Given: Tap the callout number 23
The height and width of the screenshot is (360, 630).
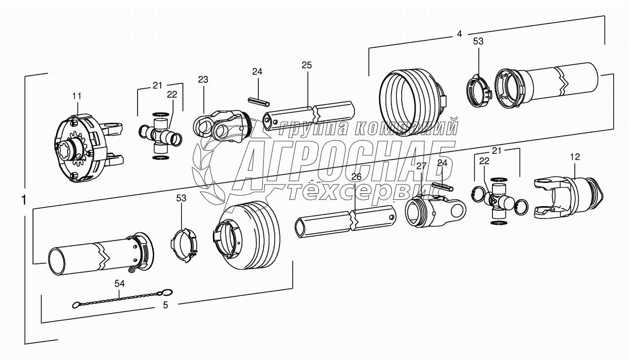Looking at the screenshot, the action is pos(204,79).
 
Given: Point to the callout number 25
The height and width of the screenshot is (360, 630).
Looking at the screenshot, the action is pos(307,66).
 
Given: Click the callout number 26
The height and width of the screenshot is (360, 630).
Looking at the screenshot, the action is pos(356,177).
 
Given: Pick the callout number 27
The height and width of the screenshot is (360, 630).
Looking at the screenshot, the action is pos(420,166).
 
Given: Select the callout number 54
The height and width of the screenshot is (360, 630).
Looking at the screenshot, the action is pos(120,284).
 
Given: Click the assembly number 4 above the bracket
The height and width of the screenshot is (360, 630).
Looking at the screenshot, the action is pos(459,34).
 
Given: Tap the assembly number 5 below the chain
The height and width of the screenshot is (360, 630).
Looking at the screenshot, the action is pos(166,305).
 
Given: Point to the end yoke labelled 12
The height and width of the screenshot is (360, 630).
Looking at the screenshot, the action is pos(567,197).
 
